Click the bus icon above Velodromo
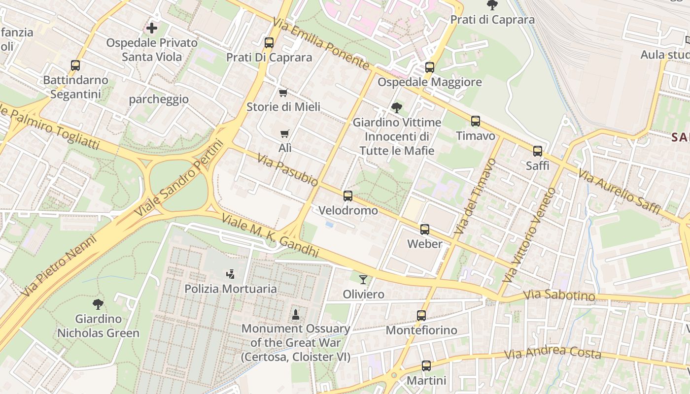(348, 196)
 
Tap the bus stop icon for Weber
(425, 230)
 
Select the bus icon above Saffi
(538, 151)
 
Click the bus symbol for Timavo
(476, 121)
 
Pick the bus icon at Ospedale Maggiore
(430, 67)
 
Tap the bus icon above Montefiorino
(421, 316)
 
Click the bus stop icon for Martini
(426, 366)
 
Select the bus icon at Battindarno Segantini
(75, 66)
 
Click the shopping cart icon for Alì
(285, 133)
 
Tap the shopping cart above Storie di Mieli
(283, 93)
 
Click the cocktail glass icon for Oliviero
(363, 280)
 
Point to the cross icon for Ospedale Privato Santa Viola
(152, 28)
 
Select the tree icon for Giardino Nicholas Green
(98, 304)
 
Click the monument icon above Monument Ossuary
(296, 314)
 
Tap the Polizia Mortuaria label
(231, 289)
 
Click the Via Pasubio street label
(288, 170)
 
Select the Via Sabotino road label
(559, 295)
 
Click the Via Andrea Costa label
(552, 353)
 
